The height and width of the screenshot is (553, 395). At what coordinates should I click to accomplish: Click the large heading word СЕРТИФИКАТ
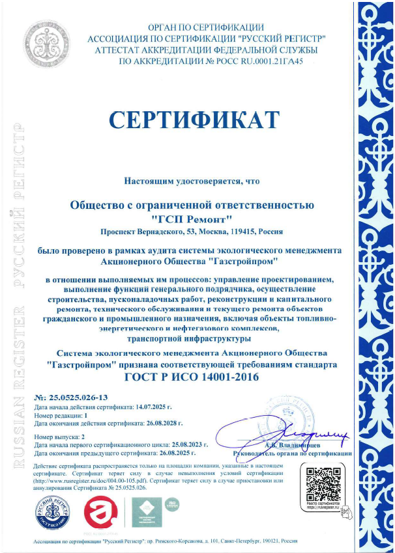pos(193,121)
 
